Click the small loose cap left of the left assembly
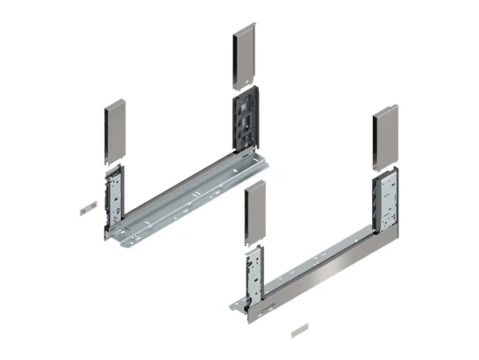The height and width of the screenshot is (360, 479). (x=85, y=211)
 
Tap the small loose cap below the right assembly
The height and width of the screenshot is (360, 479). (x=297, y=332)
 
